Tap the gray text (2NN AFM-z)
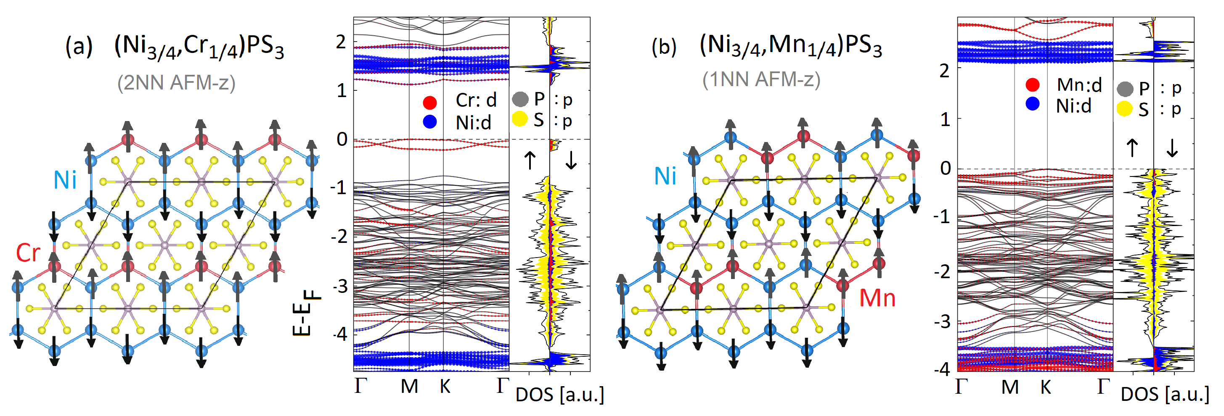pos(176,83)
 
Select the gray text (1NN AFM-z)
pos(761,79)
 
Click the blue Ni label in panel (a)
pos(65,180)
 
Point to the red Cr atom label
pos(28,253)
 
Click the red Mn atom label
pos(877,298)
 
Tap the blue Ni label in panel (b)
pos(665,176)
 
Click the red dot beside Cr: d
pos(429,102)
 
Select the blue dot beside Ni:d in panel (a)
pos(429,121)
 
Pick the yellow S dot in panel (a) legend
pos(520,119)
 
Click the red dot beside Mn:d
pos(1032,84)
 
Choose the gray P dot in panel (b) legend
pos(1125,88)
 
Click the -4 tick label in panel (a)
pos(340,335)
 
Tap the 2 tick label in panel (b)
pos(945,71)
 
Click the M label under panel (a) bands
pos(409,387)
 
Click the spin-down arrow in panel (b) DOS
pos(1172,147)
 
